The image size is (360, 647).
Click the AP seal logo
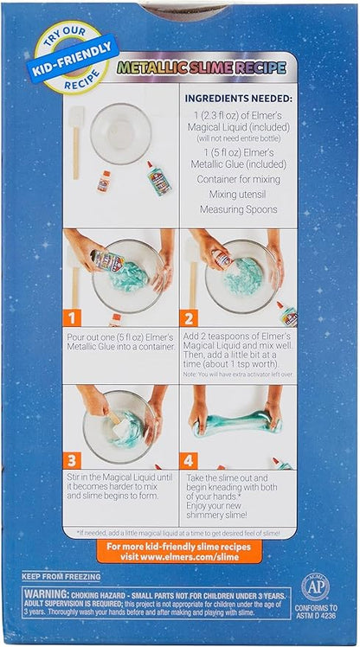(314, 586)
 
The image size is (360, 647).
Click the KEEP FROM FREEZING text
(61, 575)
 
